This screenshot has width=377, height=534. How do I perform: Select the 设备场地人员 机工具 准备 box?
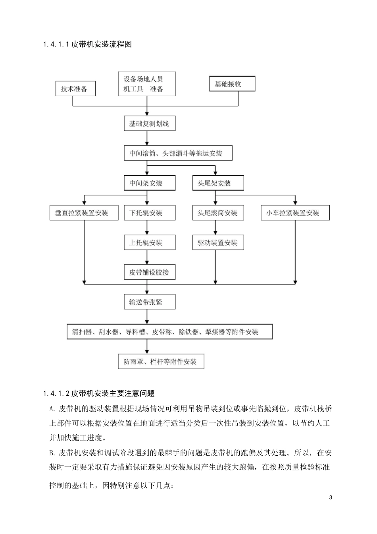(147, 84)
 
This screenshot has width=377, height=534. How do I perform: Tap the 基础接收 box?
(232, 84)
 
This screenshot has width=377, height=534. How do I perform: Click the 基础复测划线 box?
(149, 124)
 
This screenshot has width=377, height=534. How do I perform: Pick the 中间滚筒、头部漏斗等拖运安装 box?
(178, 153)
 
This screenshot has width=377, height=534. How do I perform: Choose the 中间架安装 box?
(149, 183)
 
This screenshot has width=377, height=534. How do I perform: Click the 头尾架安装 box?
(218, 183)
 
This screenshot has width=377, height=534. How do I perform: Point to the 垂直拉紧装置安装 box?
(84, 213)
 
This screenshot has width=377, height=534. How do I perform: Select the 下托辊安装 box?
(149, 213)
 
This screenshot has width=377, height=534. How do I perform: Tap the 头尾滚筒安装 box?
(218, 213)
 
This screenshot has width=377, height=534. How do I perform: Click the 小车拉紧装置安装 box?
(295, 213)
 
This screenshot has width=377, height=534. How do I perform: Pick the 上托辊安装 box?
(149, 243)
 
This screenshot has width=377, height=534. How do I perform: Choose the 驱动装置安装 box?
(218, 243)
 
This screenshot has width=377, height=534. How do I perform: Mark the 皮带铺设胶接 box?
(149, 273)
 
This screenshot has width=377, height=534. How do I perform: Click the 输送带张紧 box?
(149, 302)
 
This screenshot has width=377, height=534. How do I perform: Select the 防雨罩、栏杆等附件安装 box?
(161, 362)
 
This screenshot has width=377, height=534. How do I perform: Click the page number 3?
(331, 497)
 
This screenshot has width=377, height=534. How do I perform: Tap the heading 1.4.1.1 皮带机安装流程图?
(87, 44)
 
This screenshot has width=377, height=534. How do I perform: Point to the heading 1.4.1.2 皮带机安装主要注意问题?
(98, 393)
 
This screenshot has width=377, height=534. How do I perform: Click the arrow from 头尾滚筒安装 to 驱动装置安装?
(216, 228)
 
